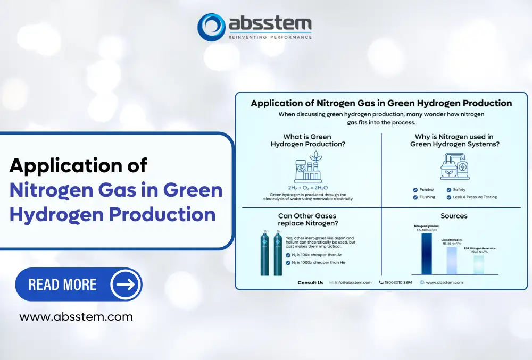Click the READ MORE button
[x=79, y=284]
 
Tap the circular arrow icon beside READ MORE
[x=126, y=284]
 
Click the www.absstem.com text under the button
[x=76, y=317]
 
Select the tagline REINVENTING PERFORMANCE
[x=270, y=37]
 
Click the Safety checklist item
[x=457, y=190]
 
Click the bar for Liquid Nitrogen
[x=452, y=261]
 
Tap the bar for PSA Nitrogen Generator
[x=479, y=264]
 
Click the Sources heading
[x=454, y=216]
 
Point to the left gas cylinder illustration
[x=264, y=255]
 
